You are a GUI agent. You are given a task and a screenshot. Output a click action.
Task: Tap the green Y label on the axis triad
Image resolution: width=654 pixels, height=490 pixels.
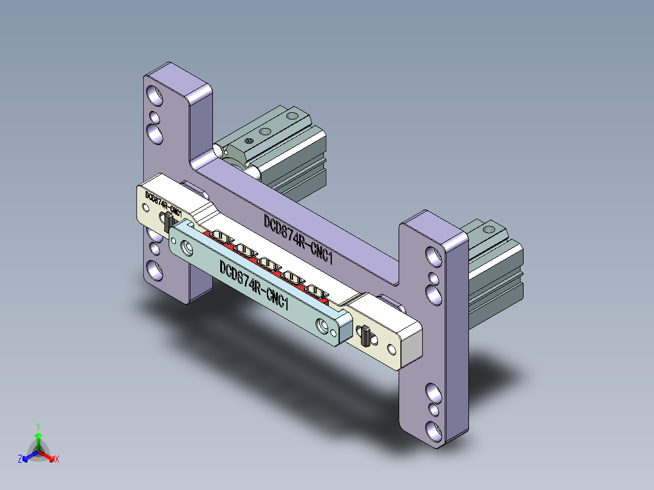coord(38,426)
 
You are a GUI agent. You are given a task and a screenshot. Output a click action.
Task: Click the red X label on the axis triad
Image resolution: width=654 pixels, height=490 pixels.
coord(57,459)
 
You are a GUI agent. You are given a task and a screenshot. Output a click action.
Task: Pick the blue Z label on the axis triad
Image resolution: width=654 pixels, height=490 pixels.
coord(20,459)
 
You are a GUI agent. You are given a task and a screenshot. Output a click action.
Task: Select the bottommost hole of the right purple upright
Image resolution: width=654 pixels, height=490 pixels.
coord(434,431)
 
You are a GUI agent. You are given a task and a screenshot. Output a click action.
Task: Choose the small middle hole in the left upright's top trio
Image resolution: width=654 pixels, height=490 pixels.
coord(155,116)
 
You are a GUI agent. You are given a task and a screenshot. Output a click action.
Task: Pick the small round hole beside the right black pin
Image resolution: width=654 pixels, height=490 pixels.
coord(389,349)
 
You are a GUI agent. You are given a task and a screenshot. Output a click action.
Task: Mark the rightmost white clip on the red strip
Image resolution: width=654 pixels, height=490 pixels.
coord(314,289)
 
